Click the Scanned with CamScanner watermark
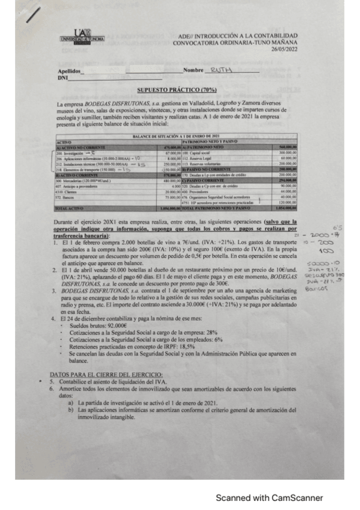coord(269,497)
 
